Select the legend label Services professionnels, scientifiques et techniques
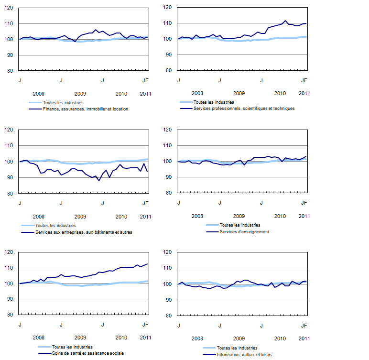pyautogui.click(x=244, y=109)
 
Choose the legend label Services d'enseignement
pyautogui.click(x=244, y=232)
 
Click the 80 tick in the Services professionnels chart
pyautogui.click(x=170, y=70)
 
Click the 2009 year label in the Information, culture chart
pyautogui.click(x=239, y=338)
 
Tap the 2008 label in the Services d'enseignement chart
pyautogui.click(x=197, y=216)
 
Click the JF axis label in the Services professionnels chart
pyautogui.click(x=304, y=80)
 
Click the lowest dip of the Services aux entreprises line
pyautogui.click(x=99, y=181)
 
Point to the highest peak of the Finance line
pyautogui.click(x=96, y=30)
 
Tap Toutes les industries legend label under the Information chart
pyautogui.click(x=237, y=348)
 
